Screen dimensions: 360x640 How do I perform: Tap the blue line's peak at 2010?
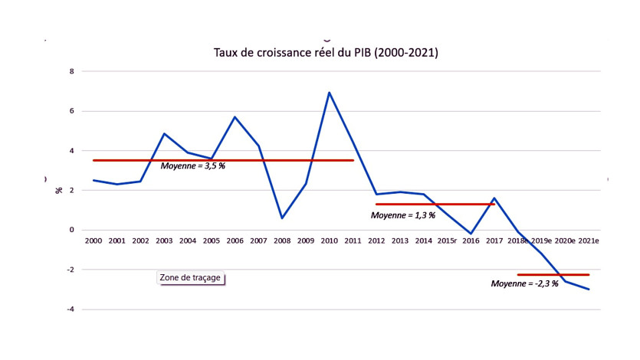330,93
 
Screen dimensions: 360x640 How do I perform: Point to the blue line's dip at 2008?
282,218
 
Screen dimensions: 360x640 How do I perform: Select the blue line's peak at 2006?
235,117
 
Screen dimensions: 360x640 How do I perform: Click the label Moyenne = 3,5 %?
193,166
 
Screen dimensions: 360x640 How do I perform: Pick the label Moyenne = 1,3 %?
403,215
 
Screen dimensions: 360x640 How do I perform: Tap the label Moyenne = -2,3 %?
524,283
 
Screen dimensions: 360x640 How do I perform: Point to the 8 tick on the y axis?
73,72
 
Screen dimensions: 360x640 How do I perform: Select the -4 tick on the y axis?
71,309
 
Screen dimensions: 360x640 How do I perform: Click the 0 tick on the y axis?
73,230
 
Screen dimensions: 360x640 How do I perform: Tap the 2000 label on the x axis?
93,241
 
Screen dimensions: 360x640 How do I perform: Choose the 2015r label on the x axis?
447,241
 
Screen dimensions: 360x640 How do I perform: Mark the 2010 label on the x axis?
330,241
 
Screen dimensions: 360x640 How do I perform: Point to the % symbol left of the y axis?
58,189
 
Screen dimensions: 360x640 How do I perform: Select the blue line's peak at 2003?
164,133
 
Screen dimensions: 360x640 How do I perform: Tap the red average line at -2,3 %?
553,274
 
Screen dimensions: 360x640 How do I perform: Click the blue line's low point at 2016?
471,234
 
